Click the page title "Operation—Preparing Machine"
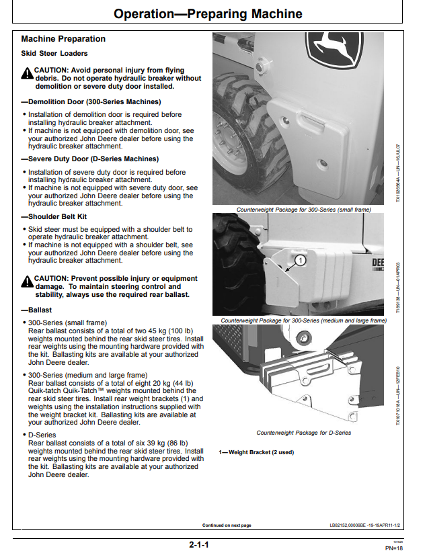(208, 14)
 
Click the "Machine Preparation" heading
(63, 39)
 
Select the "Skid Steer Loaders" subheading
(54, 54)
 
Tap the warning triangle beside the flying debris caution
(27, 73)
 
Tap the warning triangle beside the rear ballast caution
(27, 282)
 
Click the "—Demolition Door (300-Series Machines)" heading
(91, 102)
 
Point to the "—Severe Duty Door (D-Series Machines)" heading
(90, 159)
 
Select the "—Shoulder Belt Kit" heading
(54, 217)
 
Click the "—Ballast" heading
(36, 310)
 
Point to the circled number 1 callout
(300, 261)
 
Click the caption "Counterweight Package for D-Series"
(304, 433)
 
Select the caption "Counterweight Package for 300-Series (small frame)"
(304, 210)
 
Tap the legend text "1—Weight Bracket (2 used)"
(256, 452)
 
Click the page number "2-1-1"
(199, 545)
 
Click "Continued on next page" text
(227, 525)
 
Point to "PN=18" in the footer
(394, 548)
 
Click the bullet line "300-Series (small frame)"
(67, 323)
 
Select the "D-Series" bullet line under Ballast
(42, 435)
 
